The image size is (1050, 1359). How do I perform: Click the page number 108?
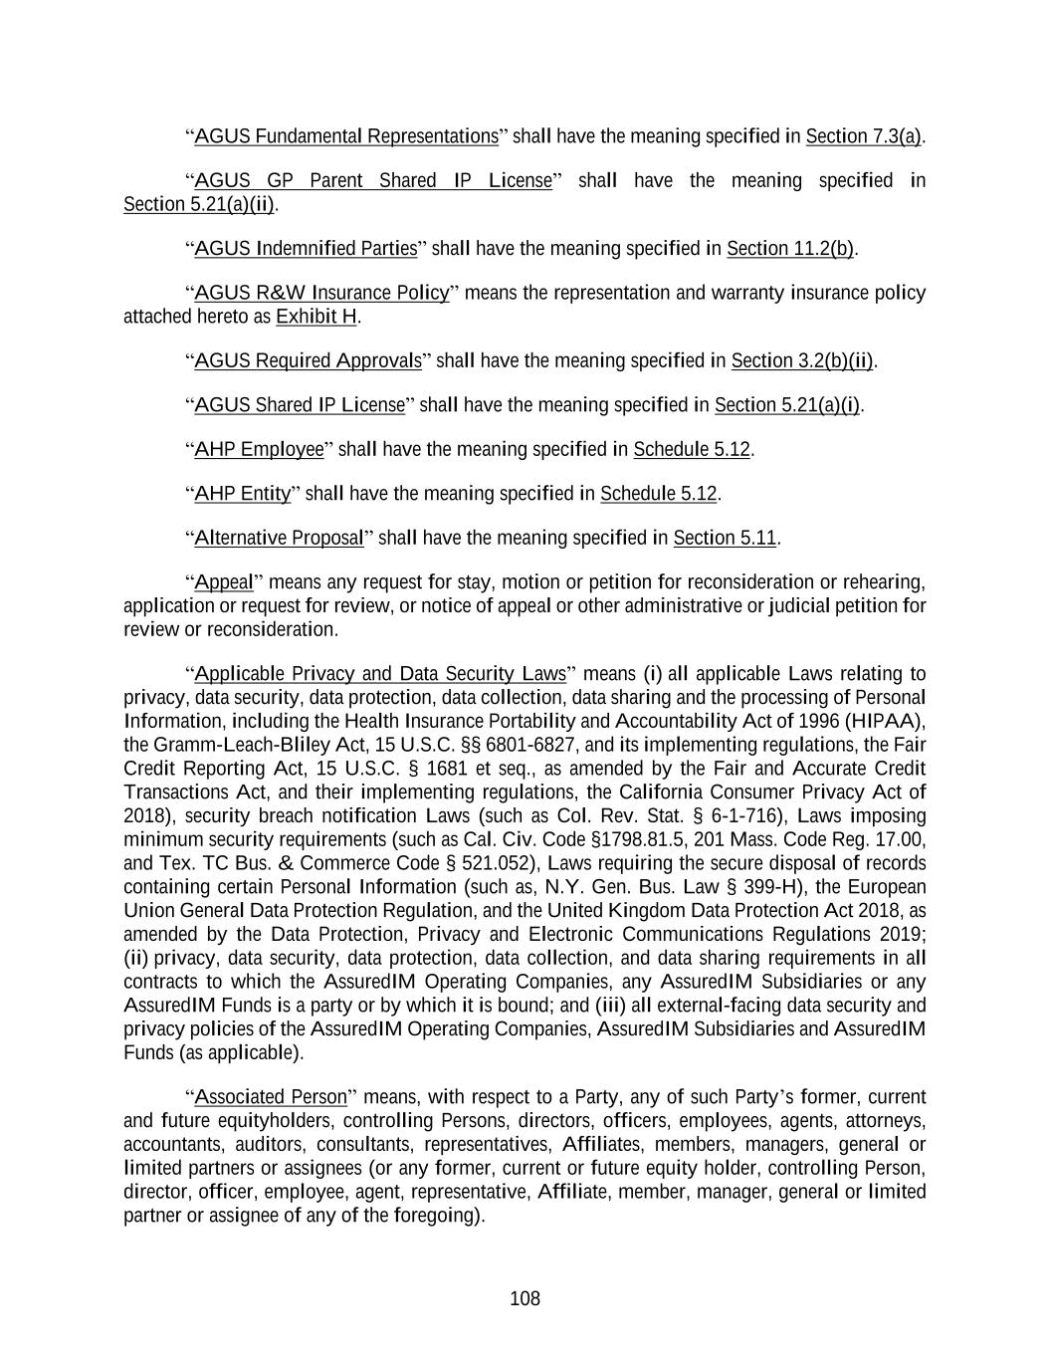pos(525,1298)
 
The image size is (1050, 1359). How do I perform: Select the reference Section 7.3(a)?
pos(864,136)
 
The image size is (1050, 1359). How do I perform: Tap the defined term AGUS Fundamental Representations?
pos(346,136)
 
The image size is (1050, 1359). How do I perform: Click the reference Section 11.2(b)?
pos(790,248)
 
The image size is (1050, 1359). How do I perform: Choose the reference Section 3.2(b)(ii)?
pos(802,360)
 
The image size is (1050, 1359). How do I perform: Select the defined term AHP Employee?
pos(260,449)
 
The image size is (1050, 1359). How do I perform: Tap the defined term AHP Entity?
pos(243,494)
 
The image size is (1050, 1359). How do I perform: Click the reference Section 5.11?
pos(725,539)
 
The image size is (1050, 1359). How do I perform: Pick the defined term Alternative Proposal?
pos(280,539)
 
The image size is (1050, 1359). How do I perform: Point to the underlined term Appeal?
pos(224,582)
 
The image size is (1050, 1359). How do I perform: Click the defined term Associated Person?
pos(271,1097)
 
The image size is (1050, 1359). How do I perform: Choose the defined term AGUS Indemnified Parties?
pos(306,248)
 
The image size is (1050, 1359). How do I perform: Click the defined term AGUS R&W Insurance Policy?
pos(321,293)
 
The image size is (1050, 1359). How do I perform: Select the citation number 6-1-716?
pos(739,815)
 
